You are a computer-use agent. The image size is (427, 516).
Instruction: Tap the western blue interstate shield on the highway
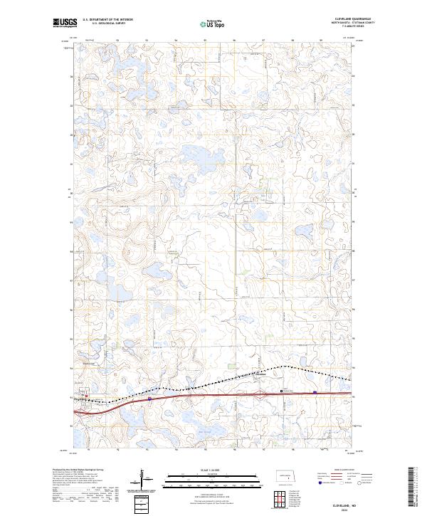pos(150,399)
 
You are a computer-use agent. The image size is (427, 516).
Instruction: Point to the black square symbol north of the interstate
pos(283,391)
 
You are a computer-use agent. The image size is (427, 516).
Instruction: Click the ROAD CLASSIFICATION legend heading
pos(340,470)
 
